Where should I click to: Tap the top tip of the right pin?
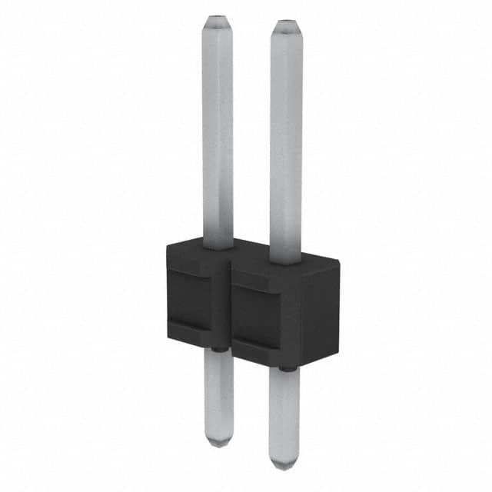[x=285, y=23]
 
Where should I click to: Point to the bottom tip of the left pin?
[x=219, y=441]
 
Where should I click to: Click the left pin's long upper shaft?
[x=218, y=131]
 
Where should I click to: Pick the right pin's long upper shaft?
[x=285, y=138]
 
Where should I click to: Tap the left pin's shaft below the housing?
[x=219, y=392]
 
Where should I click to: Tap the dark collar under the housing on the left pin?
[x=218, y=350]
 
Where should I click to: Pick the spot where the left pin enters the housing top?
[x=218, y=246]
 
